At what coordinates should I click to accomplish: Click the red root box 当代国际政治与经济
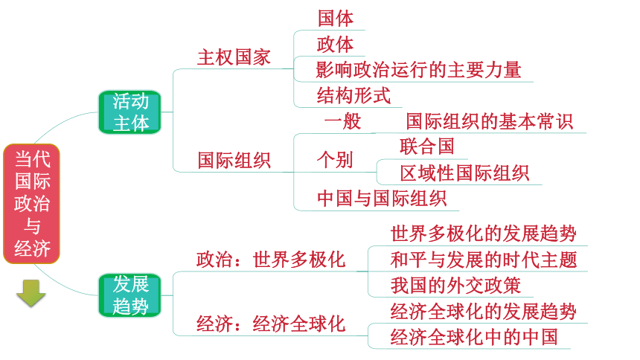[31, 204]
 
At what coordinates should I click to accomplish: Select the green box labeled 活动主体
[129, 112]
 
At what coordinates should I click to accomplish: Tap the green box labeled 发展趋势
[129, 295]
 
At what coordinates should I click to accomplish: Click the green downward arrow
[31, 293]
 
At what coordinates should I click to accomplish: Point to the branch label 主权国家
[234, 57]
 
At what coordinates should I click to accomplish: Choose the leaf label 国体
[336, 19]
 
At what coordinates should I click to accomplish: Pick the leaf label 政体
[336, 44]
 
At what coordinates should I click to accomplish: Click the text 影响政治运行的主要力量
[419, 70]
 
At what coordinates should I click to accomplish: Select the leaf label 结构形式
[354, 95]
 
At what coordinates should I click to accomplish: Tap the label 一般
[342, 121]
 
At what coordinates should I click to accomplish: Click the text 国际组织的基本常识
[490, 121]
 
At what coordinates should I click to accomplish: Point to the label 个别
[335, 160]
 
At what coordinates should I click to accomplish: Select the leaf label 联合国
[427, 147]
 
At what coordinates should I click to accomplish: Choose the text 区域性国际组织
[464, 173]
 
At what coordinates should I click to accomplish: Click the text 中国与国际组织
[382, 199]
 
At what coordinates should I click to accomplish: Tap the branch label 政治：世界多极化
[271, 260]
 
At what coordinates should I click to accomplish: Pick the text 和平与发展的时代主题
[484, 260]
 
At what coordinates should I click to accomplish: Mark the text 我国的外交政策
[455, 286]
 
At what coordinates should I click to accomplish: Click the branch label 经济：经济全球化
[271, 324]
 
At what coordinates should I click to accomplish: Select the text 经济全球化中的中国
[474, 337]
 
